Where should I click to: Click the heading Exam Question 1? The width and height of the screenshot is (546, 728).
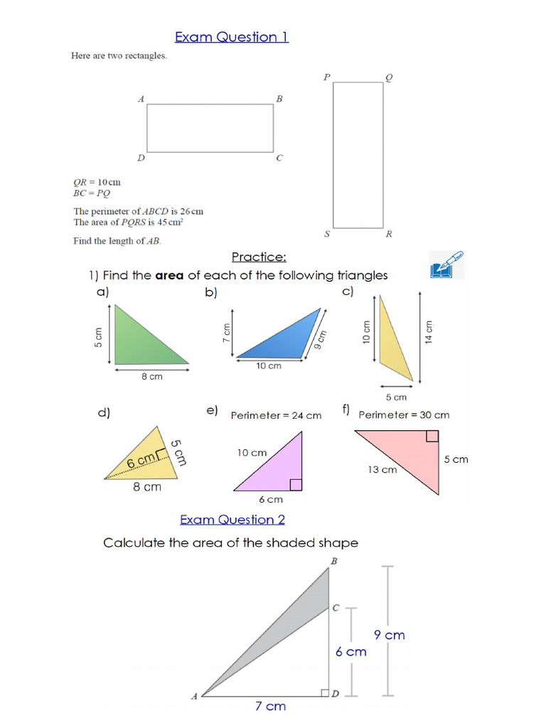pos(232,37)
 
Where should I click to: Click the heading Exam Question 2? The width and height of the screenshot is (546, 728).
pos(232,520)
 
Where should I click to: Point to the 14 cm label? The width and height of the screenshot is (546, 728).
pos(428,331)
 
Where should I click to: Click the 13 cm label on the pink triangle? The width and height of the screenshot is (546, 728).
pos(382,469)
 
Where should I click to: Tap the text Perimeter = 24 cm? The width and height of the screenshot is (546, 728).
pos(276,416)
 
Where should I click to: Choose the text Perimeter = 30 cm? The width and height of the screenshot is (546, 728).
pos(404,415)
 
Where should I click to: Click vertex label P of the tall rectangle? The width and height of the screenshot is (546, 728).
pos(326,77)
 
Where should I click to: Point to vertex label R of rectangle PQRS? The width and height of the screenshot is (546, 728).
pos(389,235)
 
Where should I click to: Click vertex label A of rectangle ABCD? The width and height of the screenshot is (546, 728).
pos(141,100)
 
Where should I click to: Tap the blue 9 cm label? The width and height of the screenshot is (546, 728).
pos(390,635)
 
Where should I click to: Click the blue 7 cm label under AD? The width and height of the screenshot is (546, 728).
pos(270,706)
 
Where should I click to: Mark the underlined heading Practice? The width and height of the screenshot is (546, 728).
pos(259,257)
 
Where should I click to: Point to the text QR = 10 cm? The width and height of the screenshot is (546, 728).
pos(97,181)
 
